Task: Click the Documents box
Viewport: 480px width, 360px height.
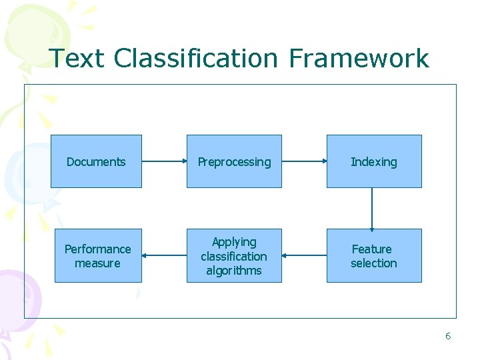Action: [96, 161]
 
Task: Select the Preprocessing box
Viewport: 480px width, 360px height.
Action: [234, 161]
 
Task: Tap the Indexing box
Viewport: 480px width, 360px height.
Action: [373, 161]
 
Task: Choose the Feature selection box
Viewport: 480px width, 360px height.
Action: [373, 256]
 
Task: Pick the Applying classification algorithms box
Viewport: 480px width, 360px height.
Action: [234, 256]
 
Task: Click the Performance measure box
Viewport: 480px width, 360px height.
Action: [98, 256]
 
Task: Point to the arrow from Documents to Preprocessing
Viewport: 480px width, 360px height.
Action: [164, 161]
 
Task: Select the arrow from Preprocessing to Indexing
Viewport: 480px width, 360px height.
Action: [304, 161]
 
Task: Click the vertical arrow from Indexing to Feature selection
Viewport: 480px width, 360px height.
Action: [372, 208]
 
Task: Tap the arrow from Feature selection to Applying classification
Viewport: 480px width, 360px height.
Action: [304, 255]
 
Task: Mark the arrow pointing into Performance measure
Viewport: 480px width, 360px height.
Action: [164, 255]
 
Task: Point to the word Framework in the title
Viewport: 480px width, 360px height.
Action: [359, 59]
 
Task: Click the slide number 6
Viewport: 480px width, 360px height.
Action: [448, 336]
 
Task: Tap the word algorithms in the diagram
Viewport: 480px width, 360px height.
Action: [234, 271]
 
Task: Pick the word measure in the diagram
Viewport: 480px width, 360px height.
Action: [98, 263]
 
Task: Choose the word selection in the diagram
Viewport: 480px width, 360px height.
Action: [373, 263]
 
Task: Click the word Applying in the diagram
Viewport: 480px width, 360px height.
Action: [234, 242]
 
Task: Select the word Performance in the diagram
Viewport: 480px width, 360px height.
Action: [98, 249]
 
